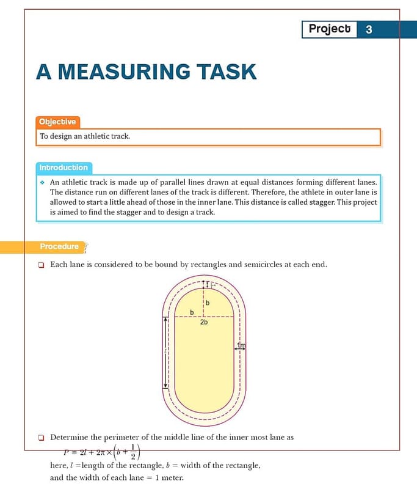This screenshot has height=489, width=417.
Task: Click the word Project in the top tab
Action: [x=330, y=29]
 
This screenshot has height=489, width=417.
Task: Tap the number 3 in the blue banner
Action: [x=369, y=29]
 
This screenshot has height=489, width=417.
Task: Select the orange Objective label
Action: [x=57, y=122]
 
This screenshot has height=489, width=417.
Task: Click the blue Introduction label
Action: [x=63, y=167]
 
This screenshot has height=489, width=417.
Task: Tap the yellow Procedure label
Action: [x=59, y=246]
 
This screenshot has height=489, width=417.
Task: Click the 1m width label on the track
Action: [x=241, y=347]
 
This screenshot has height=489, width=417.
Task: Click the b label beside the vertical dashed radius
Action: [x=207, y=303]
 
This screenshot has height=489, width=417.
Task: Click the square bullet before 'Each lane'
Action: [x=41, y=265]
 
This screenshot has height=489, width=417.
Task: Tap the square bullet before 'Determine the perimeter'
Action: [x=41, y=437]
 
